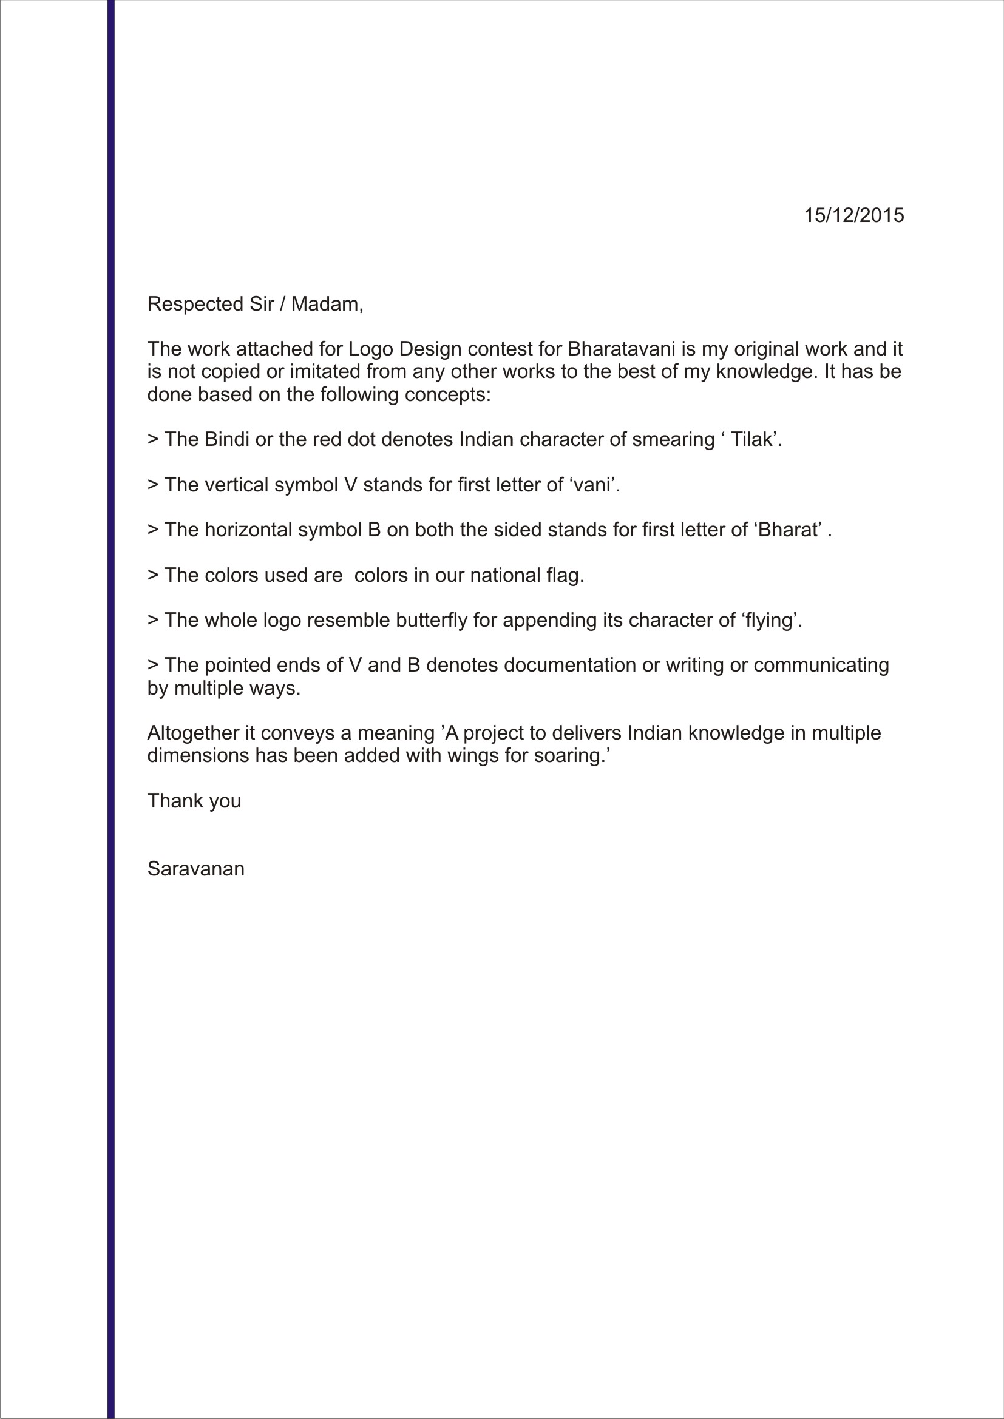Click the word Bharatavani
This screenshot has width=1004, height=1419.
coord(621,349)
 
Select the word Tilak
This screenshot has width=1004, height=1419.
coord(751,439)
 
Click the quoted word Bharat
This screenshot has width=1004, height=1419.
coord(789,530)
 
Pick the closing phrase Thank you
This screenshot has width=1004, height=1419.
coord(194,801)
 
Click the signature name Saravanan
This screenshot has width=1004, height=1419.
coord(195,869)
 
